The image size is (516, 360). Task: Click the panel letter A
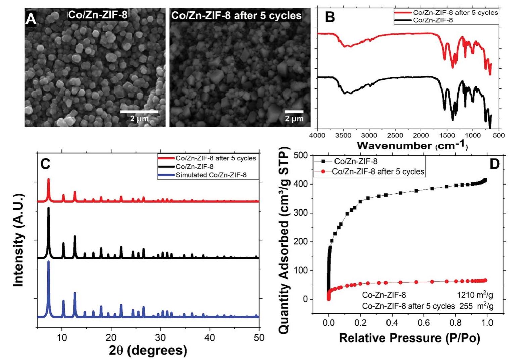click(x=31, y=19)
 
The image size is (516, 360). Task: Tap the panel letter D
click(x=494, y=164)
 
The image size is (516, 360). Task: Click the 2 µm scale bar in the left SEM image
click(x=139, y=112)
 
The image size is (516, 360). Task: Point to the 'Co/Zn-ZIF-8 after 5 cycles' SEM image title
click(x=236, y=15)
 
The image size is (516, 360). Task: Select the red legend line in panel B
click(x=403, y=13)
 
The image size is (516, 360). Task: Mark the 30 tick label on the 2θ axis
click(x=161, y=337)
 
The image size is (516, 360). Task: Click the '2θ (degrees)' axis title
click(x=148, y=350)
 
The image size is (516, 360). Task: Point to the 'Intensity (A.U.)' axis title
click(x=19, y=240)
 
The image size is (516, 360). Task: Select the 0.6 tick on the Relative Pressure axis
click(x=424, y=323)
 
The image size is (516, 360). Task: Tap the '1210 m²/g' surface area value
click(x=474, y=295)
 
